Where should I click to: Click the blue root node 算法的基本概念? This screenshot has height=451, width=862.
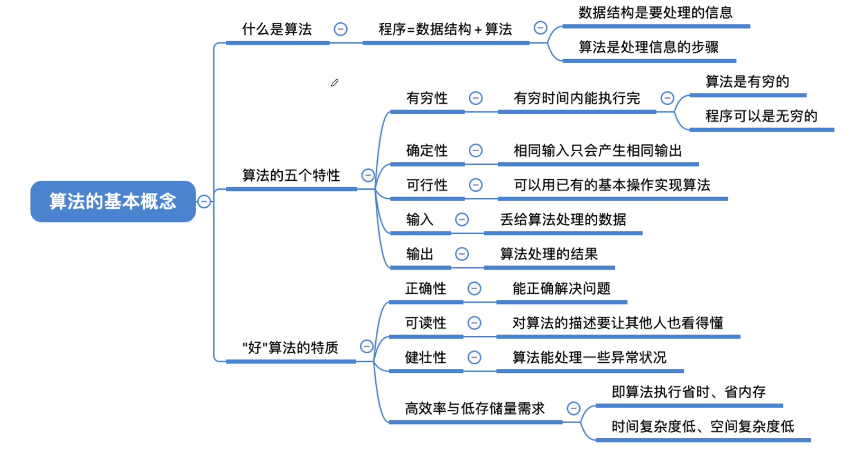(x=113, y=201)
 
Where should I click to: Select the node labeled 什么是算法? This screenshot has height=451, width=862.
(x=277, y=30)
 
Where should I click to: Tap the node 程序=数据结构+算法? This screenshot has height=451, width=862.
(x=445, y=30)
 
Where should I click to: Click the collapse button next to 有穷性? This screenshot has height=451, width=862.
(x=476, y=98)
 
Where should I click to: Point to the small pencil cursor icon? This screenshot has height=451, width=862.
(x=334, y=83)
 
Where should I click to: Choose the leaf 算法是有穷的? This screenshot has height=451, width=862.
(x=747, y=82)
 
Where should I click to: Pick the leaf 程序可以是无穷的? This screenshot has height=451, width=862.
(x=761, y=116)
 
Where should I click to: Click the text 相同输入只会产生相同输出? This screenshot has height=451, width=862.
(x=597, y=151)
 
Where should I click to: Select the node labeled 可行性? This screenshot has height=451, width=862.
(x=427, y=186)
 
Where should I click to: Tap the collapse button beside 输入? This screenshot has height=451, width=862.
(x=462, y=219)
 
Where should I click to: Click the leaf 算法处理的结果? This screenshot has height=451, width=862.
(x=549, y=254)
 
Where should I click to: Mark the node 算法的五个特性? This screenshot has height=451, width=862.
(x=291, y=176)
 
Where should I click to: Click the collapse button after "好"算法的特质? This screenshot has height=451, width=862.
(x=367, y=346)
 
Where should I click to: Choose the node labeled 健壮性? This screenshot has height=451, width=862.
(x=425, y=358)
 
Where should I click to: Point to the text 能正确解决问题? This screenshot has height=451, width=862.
(x=561, y=289)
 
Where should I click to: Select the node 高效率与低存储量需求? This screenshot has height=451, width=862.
(x=475, y=409)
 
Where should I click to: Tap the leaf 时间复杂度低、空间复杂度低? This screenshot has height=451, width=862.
(x=702, y=427)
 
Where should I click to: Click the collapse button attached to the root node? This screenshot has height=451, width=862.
(x=204, y=201)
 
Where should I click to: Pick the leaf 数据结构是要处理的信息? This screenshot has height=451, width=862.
(x=655, y=13)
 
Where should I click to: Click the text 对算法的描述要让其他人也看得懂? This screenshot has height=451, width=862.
(x=617, y=323)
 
